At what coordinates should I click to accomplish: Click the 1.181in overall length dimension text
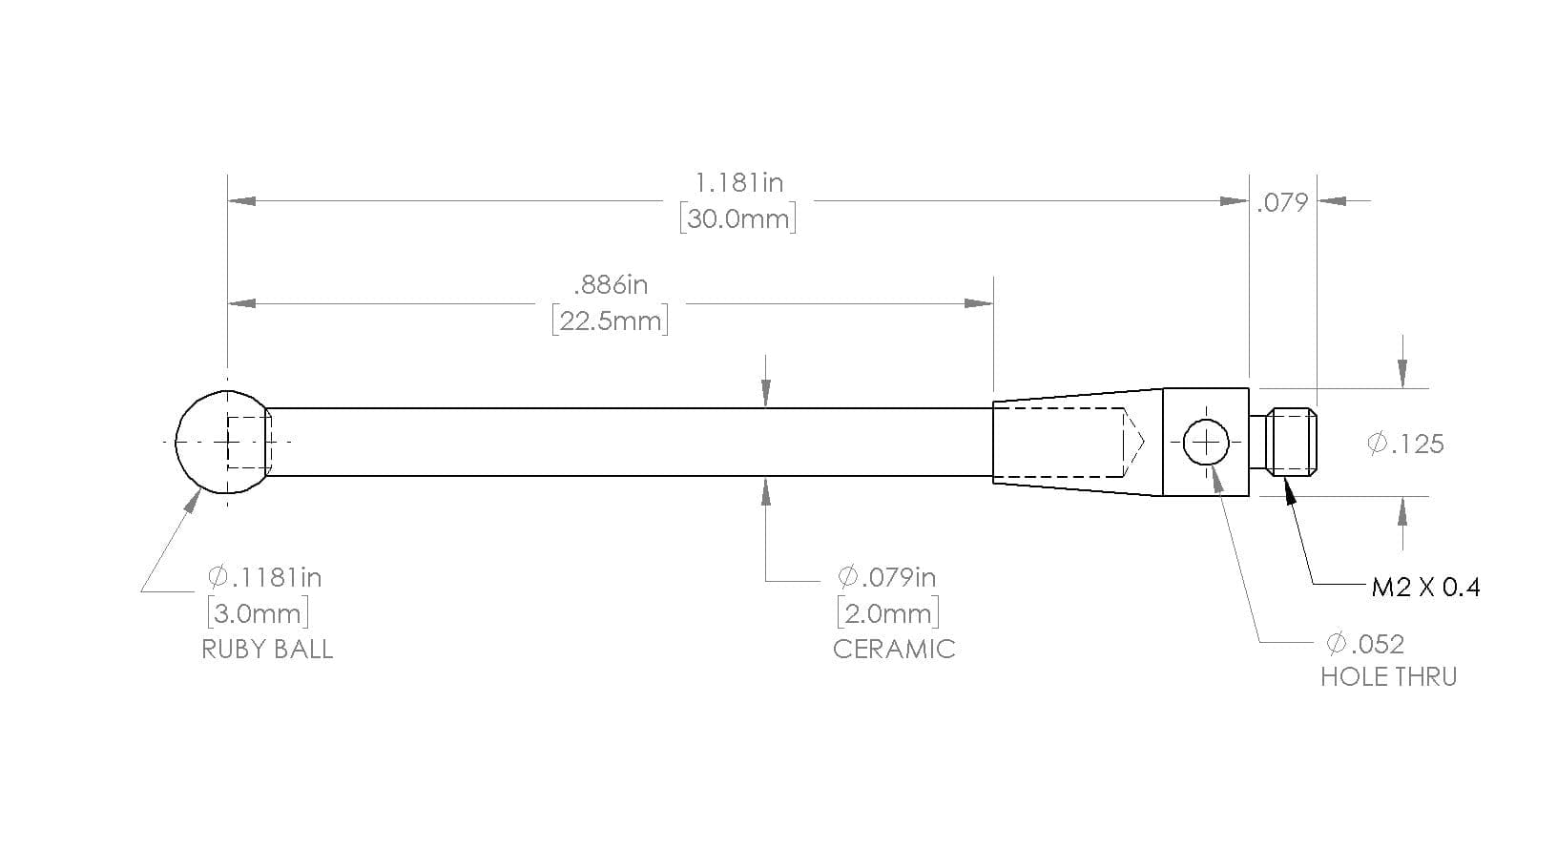(738, 183)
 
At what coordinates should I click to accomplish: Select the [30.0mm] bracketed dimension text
(737, 219)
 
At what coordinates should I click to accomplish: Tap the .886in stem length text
(611, 285)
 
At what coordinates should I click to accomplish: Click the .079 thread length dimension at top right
(1282, 203)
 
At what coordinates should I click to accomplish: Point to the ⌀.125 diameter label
(1405, 444)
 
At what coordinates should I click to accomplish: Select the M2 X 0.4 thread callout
(1425, 588)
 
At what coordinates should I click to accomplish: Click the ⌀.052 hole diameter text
(1365, 644)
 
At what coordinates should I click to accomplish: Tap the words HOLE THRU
(1388, 677)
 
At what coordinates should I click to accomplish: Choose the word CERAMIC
(894, 650)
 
